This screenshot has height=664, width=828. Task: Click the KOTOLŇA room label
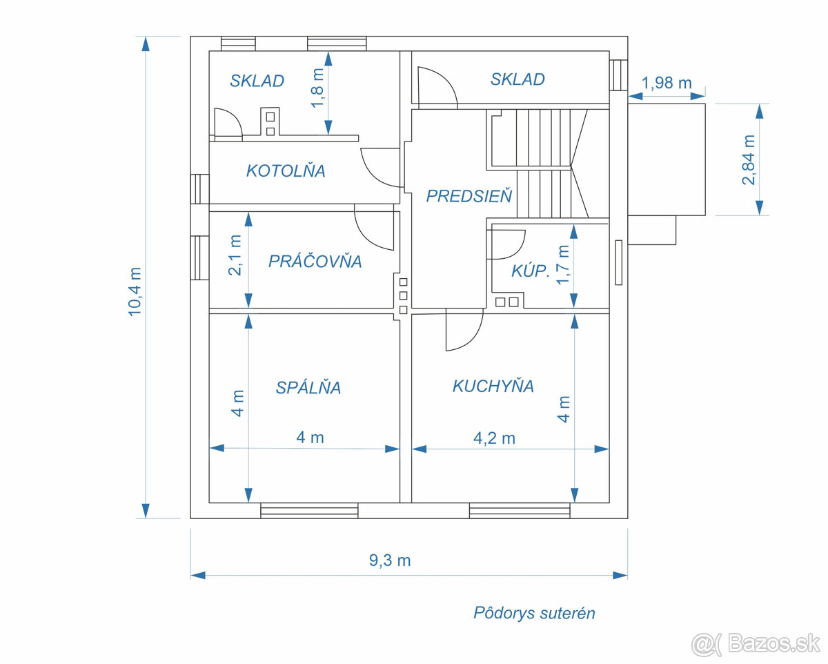tap(286, 170)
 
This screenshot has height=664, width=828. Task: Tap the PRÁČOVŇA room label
tap(315, 262)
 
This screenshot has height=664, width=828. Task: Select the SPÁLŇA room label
tap(308, 388)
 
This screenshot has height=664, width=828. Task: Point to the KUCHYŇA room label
tap(493, 386)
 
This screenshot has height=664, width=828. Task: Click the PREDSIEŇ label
tap(469, 196)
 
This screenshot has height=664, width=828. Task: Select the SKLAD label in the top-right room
tap(517, 79)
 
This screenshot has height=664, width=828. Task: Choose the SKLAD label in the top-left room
tap(257, 81)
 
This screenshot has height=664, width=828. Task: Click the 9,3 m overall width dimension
tap(390, 560)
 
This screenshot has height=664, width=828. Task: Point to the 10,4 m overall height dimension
tap(135, 291)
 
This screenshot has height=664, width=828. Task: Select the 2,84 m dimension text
tap(748, 160)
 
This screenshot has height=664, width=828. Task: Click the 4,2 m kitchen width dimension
tap(494, 438)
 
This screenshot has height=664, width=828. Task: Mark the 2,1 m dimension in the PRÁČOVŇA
tap(235, 255)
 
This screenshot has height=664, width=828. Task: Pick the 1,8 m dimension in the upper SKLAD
tap(317, 88)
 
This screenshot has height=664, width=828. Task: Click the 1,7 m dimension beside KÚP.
tap(564, 264)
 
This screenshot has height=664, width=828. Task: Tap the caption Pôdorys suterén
tap(533, 613)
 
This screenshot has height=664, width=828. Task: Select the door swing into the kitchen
tap(463, 331)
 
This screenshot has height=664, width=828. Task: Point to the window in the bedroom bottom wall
tap(309, 511)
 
